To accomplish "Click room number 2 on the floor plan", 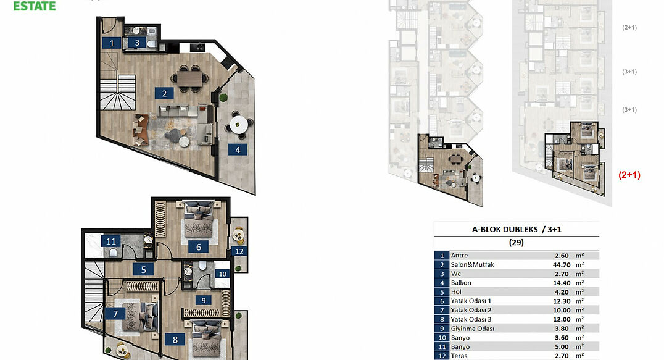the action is (x=164, y=93).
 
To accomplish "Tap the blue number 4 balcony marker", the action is (x=238, y=149).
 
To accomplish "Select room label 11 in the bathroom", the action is (x=110, y=241).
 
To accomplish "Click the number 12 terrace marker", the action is (x=239, y=251).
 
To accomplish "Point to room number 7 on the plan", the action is (x=115, y=314).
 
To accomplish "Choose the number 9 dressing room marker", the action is (x=203, y=300).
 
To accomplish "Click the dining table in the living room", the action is (x=190, y=78).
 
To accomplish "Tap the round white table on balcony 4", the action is (x=239, y=125).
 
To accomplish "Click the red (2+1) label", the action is (x=629, y=175).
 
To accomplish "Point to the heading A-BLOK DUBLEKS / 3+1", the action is (x=517, y=230).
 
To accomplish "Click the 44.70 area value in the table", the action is (x=562, y=265).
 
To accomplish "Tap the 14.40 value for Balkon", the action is (x=562, y=283).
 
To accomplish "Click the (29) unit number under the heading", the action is (x=517, y=243).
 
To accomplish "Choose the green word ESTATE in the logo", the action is (x=35, y=6).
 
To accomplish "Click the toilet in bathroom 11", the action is (x=113, y=253).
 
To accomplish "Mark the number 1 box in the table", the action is (x=442, y=256).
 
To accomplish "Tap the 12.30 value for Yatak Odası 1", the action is (x=562, y=301).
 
